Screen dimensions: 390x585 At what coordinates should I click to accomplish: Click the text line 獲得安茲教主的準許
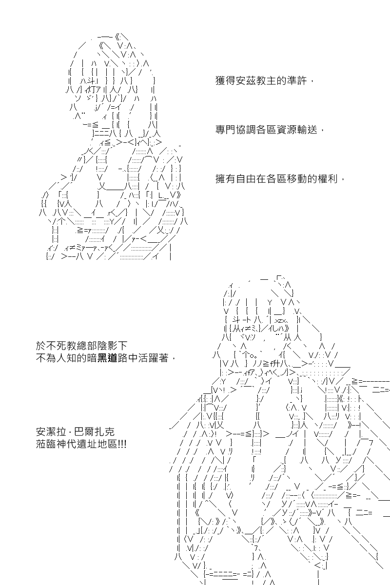[261, 81]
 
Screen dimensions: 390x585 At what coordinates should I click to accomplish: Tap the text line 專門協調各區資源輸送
[266, 130]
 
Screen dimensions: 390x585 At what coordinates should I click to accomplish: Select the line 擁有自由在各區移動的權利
[276, 179]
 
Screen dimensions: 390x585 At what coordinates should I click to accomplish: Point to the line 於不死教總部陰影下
[81, 346]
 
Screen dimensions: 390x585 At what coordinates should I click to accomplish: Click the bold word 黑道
[107, 358]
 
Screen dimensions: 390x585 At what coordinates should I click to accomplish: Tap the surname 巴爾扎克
[94, 432]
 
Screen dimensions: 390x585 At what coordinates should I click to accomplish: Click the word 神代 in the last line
[66, 444]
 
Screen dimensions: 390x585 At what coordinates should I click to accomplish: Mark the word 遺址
[87, 444]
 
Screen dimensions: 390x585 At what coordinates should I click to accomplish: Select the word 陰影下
[112, 346]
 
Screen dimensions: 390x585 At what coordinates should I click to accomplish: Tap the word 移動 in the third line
[297, 179]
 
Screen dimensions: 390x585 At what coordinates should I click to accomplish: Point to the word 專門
[226, 130]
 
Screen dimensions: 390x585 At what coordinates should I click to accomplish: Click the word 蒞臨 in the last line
[46, 444]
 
